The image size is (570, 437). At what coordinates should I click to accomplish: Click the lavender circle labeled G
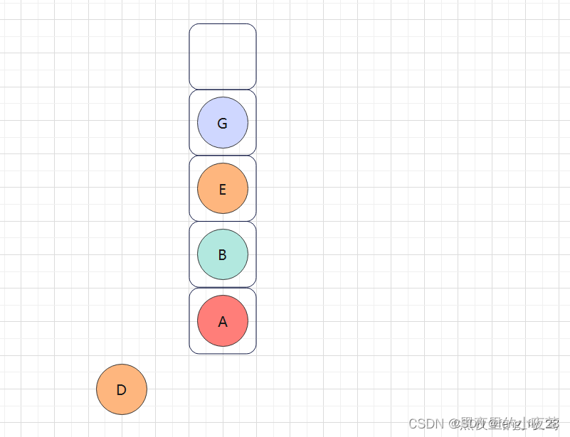pos(223,122)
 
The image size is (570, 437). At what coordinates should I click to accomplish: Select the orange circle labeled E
pos(223,188)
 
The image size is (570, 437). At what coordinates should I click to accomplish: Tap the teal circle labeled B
pos(223,254)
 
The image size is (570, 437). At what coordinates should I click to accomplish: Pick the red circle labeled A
pos(223,320)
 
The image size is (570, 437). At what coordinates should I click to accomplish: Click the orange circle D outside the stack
pos(122,389)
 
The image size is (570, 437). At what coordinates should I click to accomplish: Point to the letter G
pos(223,124)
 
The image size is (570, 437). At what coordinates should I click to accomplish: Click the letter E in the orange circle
pos(223,190)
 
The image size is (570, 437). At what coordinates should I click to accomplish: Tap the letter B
pos(223,255)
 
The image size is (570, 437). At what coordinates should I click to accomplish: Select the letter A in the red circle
pos(223,322)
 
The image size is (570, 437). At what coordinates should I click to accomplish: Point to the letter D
pos(122,390)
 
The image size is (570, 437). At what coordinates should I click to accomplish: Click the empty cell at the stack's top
pos(223,56)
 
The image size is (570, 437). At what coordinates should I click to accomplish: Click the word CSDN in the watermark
pos(426,423)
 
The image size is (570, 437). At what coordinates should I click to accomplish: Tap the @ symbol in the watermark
pos(453,423)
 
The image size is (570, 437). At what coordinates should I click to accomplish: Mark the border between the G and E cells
pos(223,155)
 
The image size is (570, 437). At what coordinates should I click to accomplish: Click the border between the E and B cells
pos(223,221)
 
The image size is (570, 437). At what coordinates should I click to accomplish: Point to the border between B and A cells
pos(223,287)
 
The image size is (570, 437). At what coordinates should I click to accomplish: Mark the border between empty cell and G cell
pos(223,89)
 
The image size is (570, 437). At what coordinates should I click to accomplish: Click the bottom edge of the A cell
pos(223,353)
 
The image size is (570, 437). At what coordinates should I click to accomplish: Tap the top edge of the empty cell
pos(223,23)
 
